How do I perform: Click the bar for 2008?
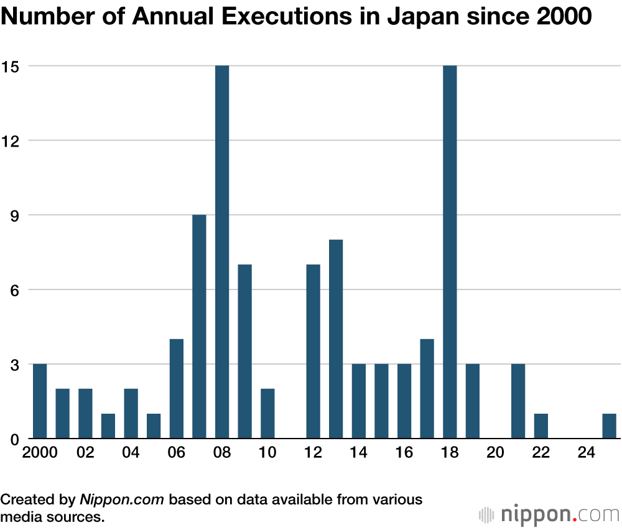[x=222, y=252]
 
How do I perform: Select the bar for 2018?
[x=450, y=252]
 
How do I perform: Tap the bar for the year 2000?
[x=40, y=401]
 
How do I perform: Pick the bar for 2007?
[x=199, y=327]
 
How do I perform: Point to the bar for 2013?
[x=336, y=339]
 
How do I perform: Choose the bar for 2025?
[x=609, y=426]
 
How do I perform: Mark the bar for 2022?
[x=541, y=426]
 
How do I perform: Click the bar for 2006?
[x=177, y=389]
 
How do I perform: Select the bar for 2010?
[x=267, y=414]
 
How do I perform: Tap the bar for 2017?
[x=427, y=389]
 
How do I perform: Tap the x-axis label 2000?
[x=40, y=452]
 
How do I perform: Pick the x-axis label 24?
[x=587, y=452]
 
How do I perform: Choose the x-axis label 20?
[x=496, y=452]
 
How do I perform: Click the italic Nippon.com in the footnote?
[x=122, y=499]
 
